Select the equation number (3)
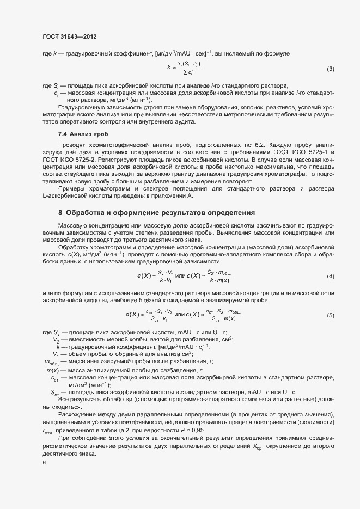pos(330,69)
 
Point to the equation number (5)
pos(330,315)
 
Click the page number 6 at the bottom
pos(44,463)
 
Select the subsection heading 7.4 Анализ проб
pos(83,134)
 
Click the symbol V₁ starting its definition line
pos(56,355)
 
